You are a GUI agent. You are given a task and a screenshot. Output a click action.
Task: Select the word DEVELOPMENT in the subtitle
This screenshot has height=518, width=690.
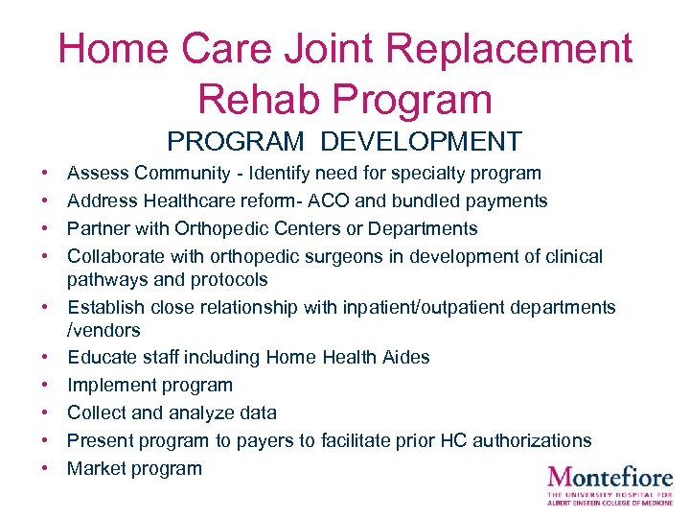tap(422, 142)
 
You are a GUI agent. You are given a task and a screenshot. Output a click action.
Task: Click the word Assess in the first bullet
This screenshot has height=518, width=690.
tap(99, 174)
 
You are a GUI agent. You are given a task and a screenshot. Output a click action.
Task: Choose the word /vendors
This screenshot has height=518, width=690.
tap(103, 330)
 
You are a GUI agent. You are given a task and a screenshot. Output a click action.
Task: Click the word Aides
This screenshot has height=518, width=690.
tap(403, 357)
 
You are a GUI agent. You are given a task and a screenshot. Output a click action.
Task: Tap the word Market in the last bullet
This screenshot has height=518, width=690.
tap(94, 468)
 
